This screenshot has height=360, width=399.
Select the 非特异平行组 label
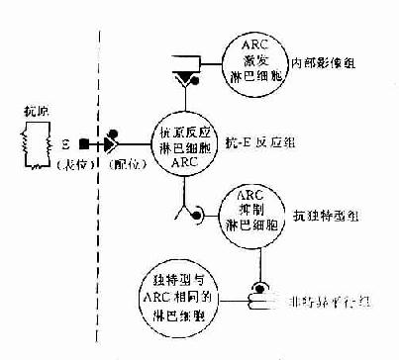tap(333, 294)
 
